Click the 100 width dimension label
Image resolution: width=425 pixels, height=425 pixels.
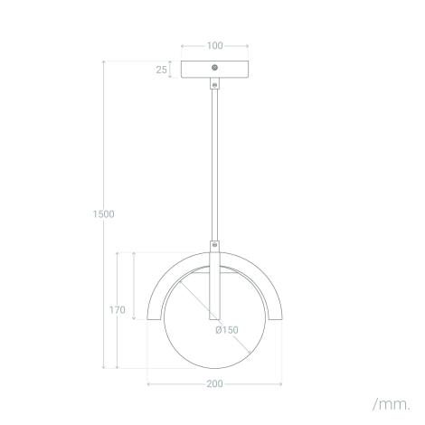214,44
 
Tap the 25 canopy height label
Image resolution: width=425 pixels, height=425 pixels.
161,70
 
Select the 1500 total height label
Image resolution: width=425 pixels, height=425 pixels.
103,214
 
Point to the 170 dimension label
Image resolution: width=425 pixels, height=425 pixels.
117,310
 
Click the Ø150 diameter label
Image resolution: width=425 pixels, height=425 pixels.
226,330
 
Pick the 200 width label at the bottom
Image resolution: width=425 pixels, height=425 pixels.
214,383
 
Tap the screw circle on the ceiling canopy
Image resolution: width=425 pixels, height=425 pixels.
214,67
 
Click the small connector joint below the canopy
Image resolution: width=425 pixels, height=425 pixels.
214,84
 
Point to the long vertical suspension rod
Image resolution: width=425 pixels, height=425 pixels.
214,163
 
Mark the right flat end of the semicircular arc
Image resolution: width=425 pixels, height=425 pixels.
276,317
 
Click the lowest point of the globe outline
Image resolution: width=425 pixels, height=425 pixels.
214,368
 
